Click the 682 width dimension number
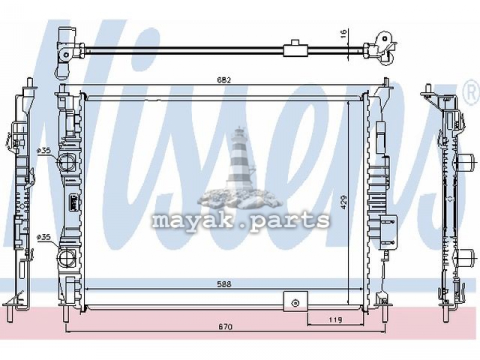[224, 80]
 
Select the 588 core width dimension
[224, 284]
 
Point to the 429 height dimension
[343, 202]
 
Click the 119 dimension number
[335, 320]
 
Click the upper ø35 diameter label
[43, 151]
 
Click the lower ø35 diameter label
[43, 236]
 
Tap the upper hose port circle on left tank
[66, 162]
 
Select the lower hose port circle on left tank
[66, 259]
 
